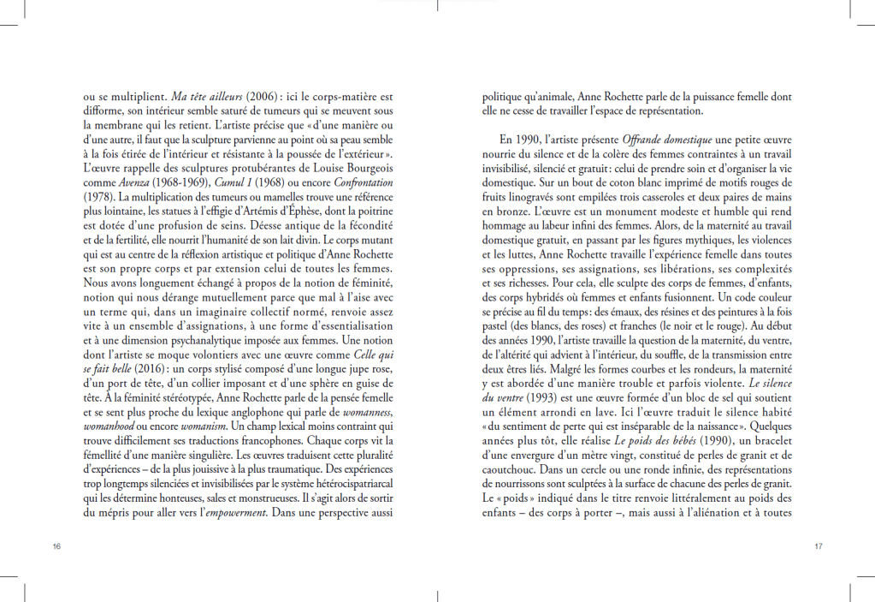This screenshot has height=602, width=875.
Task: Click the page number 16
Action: pos(56,545)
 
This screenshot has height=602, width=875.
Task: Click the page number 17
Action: pos(818,545)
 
